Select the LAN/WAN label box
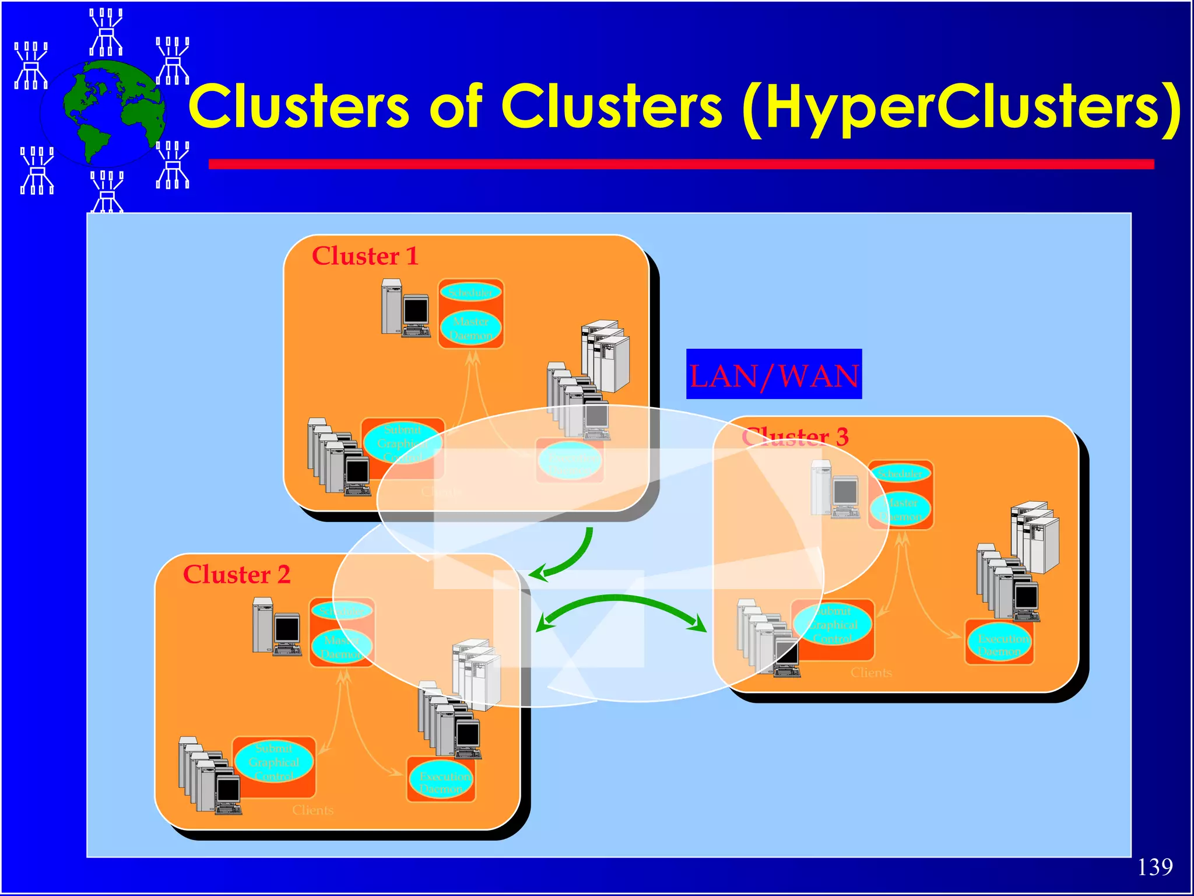click(x=774, y=374)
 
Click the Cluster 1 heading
click(x=365, y=256)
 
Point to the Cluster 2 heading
click(x=236, y=575)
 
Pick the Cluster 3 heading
click(x=795, y=436)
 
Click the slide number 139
click(x=1154, y=867)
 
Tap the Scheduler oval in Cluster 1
click(x=470, y=292)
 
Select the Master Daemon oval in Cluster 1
click(x=470, y=328)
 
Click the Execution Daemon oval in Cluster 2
click(x=441, y=782)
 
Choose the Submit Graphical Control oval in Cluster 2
click(x=274, y=762)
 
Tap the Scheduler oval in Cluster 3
click(x=900, y=474)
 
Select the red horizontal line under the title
click(x=681, y=164)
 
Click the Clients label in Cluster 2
click(x=313, y=810)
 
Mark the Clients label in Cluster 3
click(x=871, y=673)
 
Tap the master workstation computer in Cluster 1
click(x=406, y=309)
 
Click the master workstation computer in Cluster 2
click(x=276, y=627)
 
